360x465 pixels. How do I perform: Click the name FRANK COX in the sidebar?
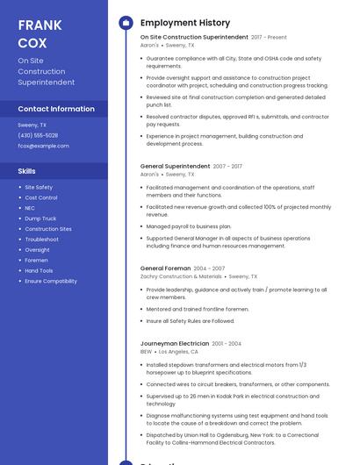point(40,33)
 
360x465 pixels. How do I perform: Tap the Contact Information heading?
point(56,109)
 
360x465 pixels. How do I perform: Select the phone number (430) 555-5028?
point(38,135)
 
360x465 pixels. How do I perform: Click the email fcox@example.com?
point(43,146)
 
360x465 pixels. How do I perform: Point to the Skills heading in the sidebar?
point(27,171)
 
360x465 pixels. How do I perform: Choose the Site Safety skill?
point(39,187)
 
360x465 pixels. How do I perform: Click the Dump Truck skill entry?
point(40,218)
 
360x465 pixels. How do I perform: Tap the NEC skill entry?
point(30,208)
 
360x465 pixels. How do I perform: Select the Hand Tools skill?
point(39,270)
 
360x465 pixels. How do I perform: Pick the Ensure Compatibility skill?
point(51,281)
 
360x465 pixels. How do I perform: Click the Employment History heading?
point(185,23)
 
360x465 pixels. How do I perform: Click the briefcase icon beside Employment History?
point(126,23)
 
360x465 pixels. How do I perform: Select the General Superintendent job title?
point(175,166)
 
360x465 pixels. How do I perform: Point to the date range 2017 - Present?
point(269,38)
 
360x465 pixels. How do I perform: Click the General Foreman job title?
point(165,268)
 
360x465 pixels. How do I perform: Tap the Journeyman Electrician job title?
point(175,343)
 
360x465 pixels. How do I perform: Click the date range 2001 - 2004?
point(227,344)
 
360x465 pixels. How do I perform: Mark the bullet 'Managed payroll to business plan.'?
point(189,226)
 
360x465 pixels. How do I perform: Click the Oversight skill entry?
point(37,249)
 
